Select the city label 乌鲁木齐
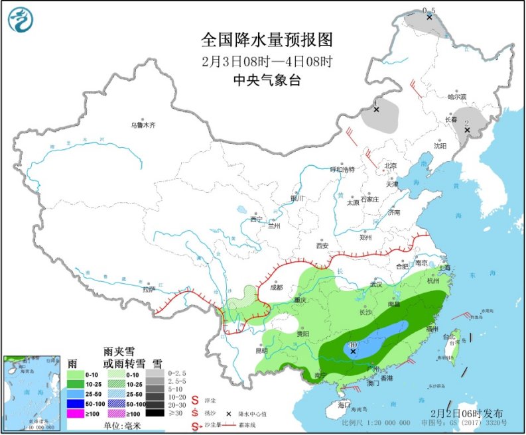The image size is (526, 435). tap(143, 125)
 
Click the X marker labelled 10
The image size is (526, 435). tap(353, 352)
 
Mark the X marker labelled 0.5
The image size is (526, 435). tap(429, 17)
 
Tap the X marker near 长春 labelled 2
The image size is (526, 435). tap(466, 130)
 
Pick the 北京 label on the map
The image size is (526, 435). tap(390, 166)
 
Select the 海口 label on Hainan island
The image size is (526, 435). tap(343, 404)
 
